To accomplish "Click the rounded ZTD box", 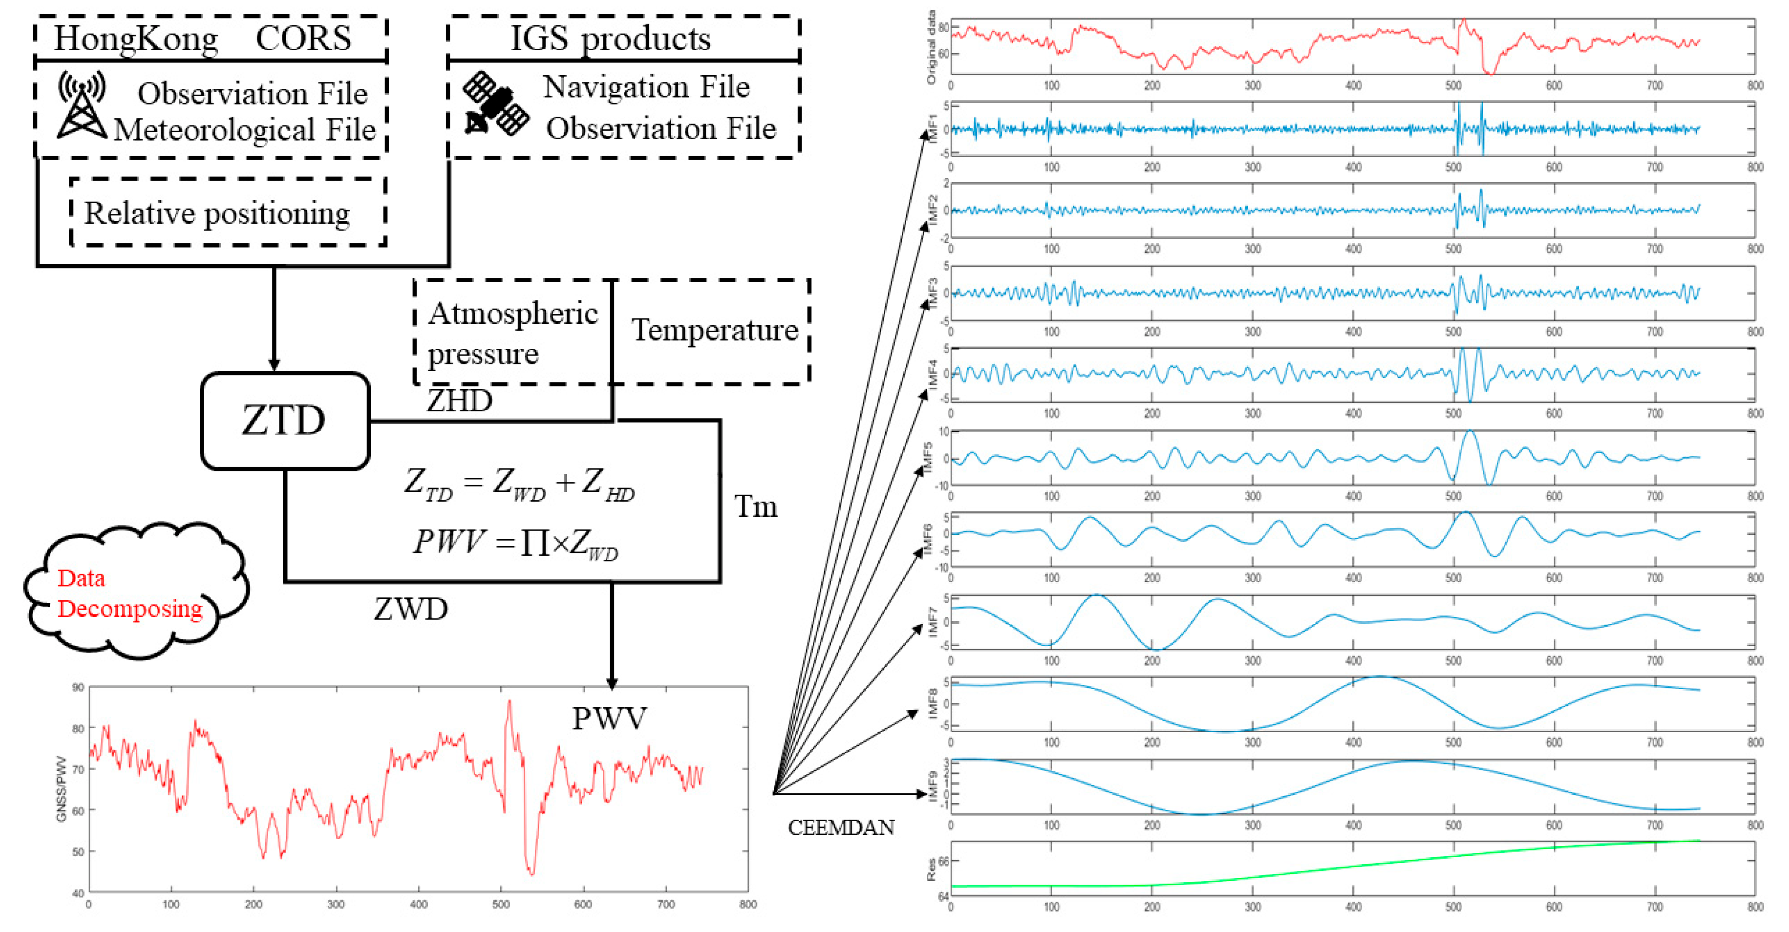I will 285,420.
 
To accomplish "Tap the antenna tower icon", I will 82,104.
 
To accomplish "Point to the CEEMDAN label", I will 840,827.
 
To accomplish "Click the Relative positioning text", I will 216,213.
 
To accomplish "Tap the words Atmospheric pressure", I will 512,333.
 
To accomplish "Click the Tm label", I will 755,506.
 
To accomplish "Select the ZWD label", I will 411,609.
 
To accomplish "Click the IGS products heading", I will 611,38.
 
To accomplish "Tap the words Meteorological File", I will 244,130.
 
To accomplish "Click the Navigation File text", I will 646,87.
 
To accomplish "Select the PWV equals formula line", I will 515,542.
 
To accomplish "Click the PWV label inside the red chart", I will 609,718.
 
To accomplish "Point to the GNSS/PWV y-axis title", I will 61,789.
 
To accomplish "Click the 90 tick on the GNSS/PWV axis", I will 78,687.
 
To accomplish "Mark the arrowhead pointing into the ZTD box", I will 274,365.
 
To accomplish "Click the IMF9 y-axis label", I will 933,786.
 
